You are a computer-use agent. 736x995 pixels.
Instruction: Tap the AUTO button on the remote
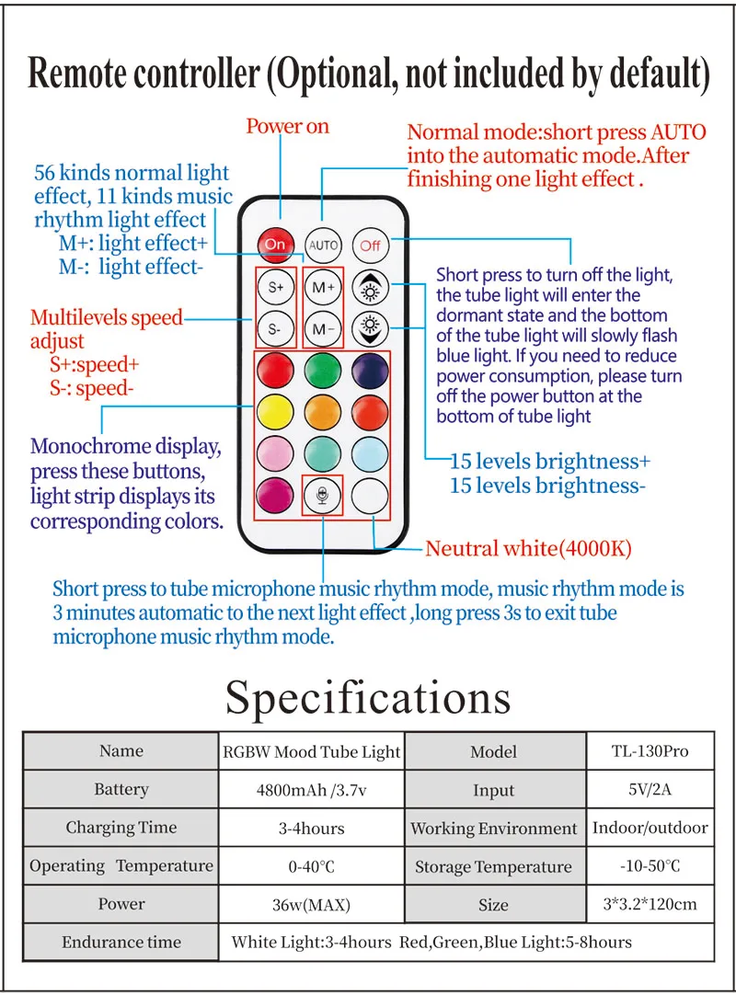[323, 246]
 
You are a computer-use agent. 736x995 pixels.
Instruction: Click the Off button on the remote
[371, 246]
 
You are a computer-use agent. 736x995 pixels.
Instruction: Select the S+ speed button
[275, 286]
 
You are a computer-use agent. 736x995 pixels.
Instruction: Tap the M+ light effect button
[323, 286]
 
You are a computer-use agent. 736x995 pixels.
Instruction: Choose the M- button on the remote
[323, 328]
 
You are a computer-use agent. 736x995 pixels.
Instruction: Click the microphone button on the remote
[323, 496]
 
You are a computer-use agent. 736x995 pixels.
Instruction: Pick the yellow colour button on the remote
[275, 412]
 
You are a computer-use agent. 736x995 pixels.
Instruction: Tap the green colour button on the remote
[323, 370]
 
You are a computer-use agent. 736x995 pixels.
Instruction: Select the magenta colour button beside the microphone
[275, 496]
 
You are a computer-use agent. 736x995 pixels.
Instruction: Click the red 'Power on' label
[287, 127]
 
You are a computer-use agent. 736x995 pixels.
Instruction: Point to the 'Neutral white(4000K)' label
[528, 550]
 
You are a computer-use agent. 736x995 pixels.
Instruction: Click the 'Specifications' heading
[368, 697]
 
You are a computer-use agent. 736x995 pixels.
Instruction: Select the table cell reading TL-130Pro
[650, 751]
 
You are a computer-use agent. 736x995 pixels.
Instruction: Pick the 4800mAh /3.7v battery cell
[311, 790]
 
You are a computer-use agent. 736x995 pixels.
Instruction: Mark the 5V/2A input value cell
[650, 790]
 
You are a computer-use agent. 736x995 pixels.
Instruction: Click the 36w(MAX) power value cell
[311, 905]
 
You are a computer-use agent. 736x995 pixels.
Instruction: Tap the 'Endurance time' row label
[121, 943]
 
